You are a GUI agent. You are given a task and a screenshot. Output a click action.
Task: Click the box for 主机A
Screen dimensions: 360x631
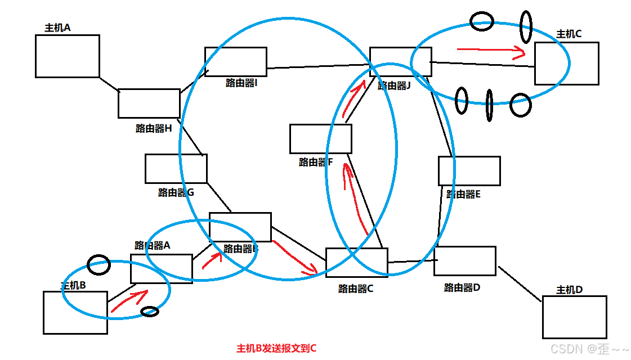click(x=67, y=56)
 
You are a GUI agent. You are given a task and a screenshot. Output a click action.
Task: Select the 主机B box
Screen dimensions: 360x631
click(x=75, y=312)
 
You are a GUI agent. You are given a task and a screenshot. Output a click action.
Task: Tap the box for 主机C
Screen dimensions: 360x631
click(x=566, y=63)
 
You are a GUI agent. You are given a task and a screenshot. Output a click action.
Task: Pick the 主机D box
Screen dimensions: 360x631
click(x=574, y=317)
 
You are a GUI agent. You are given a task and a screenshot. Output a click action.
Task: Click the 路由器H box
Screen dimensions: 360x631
click(x=149, y=103)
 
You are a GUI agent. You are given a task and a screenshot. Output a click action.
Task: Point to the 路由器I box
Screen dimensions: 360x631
click(x=235, y=61)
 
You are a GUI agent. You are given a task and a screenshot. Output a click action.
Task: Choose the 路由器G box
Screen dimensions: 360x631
click(x=176, y=168)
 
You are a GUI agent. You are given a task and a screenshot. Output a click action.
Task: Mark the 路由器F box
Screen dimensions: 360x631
click(x=320, y=138)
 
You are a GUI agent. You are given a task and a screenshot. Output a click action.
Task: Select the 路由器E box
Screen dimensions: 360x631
click(x=469, y=170)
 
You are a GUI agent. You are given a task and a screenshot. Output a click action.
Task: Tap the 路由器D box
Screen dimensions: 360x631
click(x=464, y=260)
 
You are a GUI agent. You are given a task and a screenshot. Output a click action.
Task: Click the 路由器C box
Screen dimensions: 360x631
click(x=356, y=262)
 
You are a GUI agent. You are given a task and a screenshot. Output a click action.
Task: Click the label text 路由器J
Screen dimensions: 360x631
click(x=394, y=85)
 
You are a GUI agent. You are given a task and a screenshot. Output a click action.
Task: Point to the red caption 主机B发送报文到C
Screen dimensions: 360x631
click(x=276, y=348)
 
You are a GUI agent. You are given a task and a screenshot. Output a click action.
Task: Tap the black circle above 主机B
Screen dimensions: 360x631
click(x=99, y=264)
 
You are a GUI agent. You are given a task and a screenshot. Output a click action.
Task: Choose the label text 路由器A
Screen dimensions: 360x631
click(x=152, y=245)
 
